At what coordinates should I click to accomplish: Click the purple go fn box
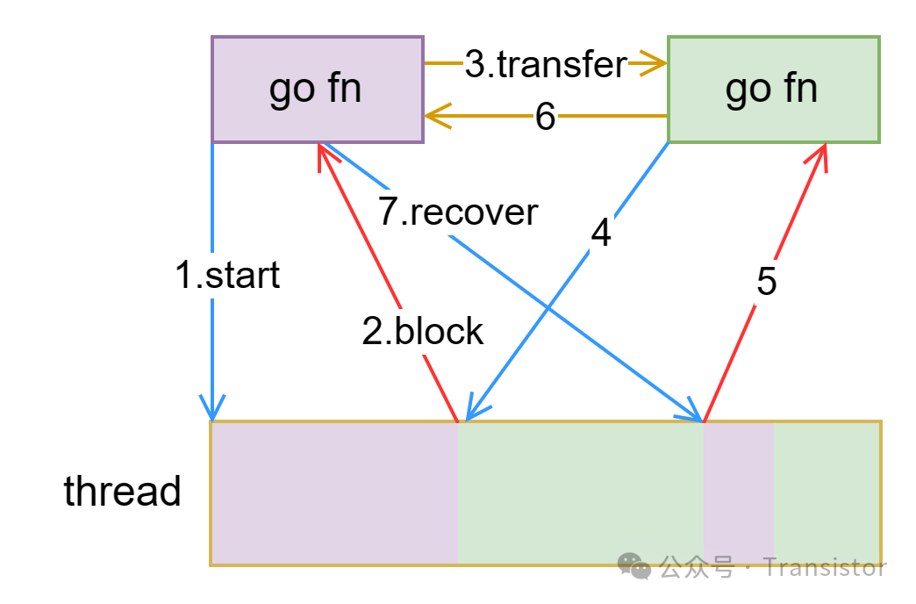[317, 89]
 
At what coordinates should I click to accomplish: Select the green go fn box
[773, 89]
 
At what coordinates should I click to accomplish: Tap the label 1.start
[227, 276]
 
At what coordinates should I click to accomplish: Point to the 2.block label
[423, 331]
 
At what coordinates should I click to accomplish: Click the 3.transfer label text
[546, 64]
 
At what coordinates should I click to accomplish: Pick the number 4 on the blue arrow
[600, 234]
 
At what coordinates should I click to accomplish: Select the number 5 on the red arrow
[766, 283]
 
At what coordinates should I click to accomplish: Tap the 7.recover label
[458, 212]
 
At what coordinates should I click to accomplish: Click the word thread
[122, 492]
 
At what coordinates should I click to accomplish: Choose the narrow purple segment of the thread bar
[738, 493]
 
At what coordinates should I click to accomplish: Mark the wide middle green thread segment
[580, 493]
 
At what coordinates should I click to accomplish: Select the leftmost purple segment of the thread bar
[334, 493]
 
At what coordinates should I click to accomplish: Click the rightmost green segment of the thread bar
[826, 493]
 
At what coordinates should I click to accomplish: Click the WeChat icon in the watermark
[634, 567]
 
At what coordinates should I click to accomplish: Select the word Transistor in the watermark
[825, 567]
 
